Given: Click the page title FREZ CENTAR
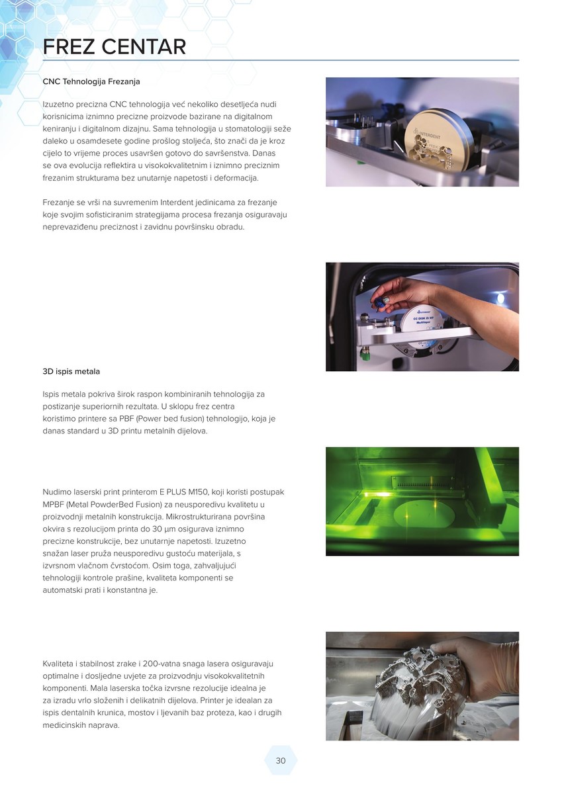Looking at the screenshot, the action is click(114, 47).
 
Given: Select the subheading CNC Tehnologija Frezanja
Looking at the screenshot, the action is click(91, 81).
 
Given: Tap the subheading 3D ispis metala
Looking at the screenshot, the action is click(71, 371).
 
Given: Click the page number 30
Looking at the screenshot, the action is click(281, 760).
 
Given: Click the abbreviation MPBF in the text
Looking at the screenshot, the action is click(53, 504).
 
